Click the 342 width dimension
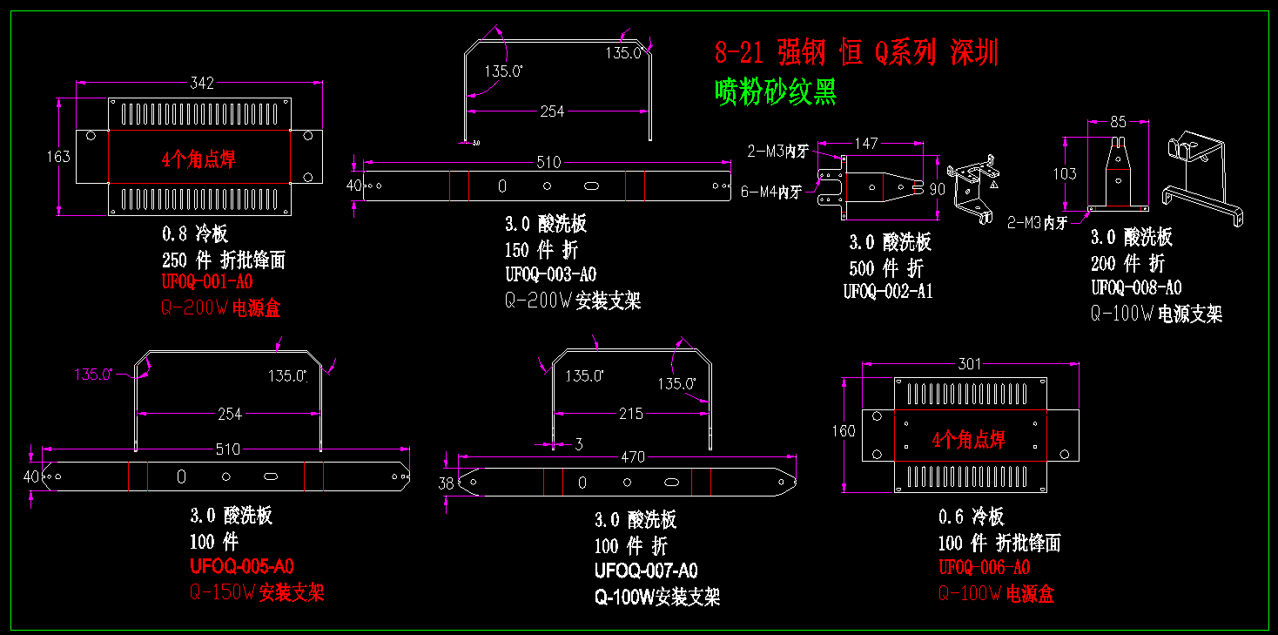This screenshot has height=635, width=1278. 202,83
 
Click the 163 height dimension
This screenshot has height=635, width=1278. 58,157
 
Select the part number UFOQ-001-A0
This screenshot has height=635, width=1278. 207,282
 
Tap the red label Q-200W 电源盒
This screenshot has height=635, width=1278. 221,307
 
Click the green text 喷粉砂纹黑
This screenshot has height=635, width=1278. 776,91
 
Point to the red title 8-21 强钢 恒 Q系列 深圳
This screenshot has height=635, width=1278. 856,53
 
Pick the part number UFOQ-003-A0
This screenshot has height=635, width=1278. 550,274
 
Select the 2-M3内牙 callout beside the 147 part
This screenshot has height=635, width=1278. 777,152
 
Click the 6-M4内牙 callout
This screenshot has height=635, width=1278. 770,192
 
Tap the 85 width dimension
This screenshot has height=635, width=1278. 1118,122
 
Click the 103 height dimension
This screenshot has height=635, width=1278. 1064,173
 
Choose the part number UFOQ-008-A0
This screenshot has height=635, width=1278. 1136,287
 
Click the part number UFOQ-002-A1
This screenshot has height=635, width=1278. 888,292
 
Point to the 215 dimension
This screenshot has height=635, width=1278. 631,414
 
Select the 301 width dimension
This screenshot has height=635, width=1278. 970,364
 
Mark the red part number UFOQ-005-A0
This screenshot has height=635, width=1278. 242,566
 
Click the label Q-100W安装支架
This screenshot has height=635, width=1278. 657,597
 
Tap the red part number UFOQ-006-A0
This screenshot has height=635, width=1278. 984,568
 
